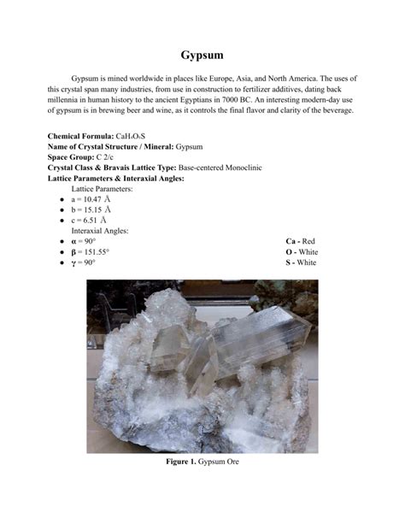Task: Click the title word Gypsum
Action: [x=202, y=56]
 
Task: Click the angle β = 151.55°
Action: [x=91, y=252]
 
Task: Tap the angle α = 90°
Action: [x=84, y=242]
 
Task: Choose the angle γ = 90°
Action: [x=84, y=262]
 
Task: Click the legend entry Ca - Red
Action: [x=301, y=242]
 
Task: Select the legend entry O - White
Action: [x=302, y=252]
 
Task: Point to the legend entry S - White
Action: [x=301, y=262]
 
